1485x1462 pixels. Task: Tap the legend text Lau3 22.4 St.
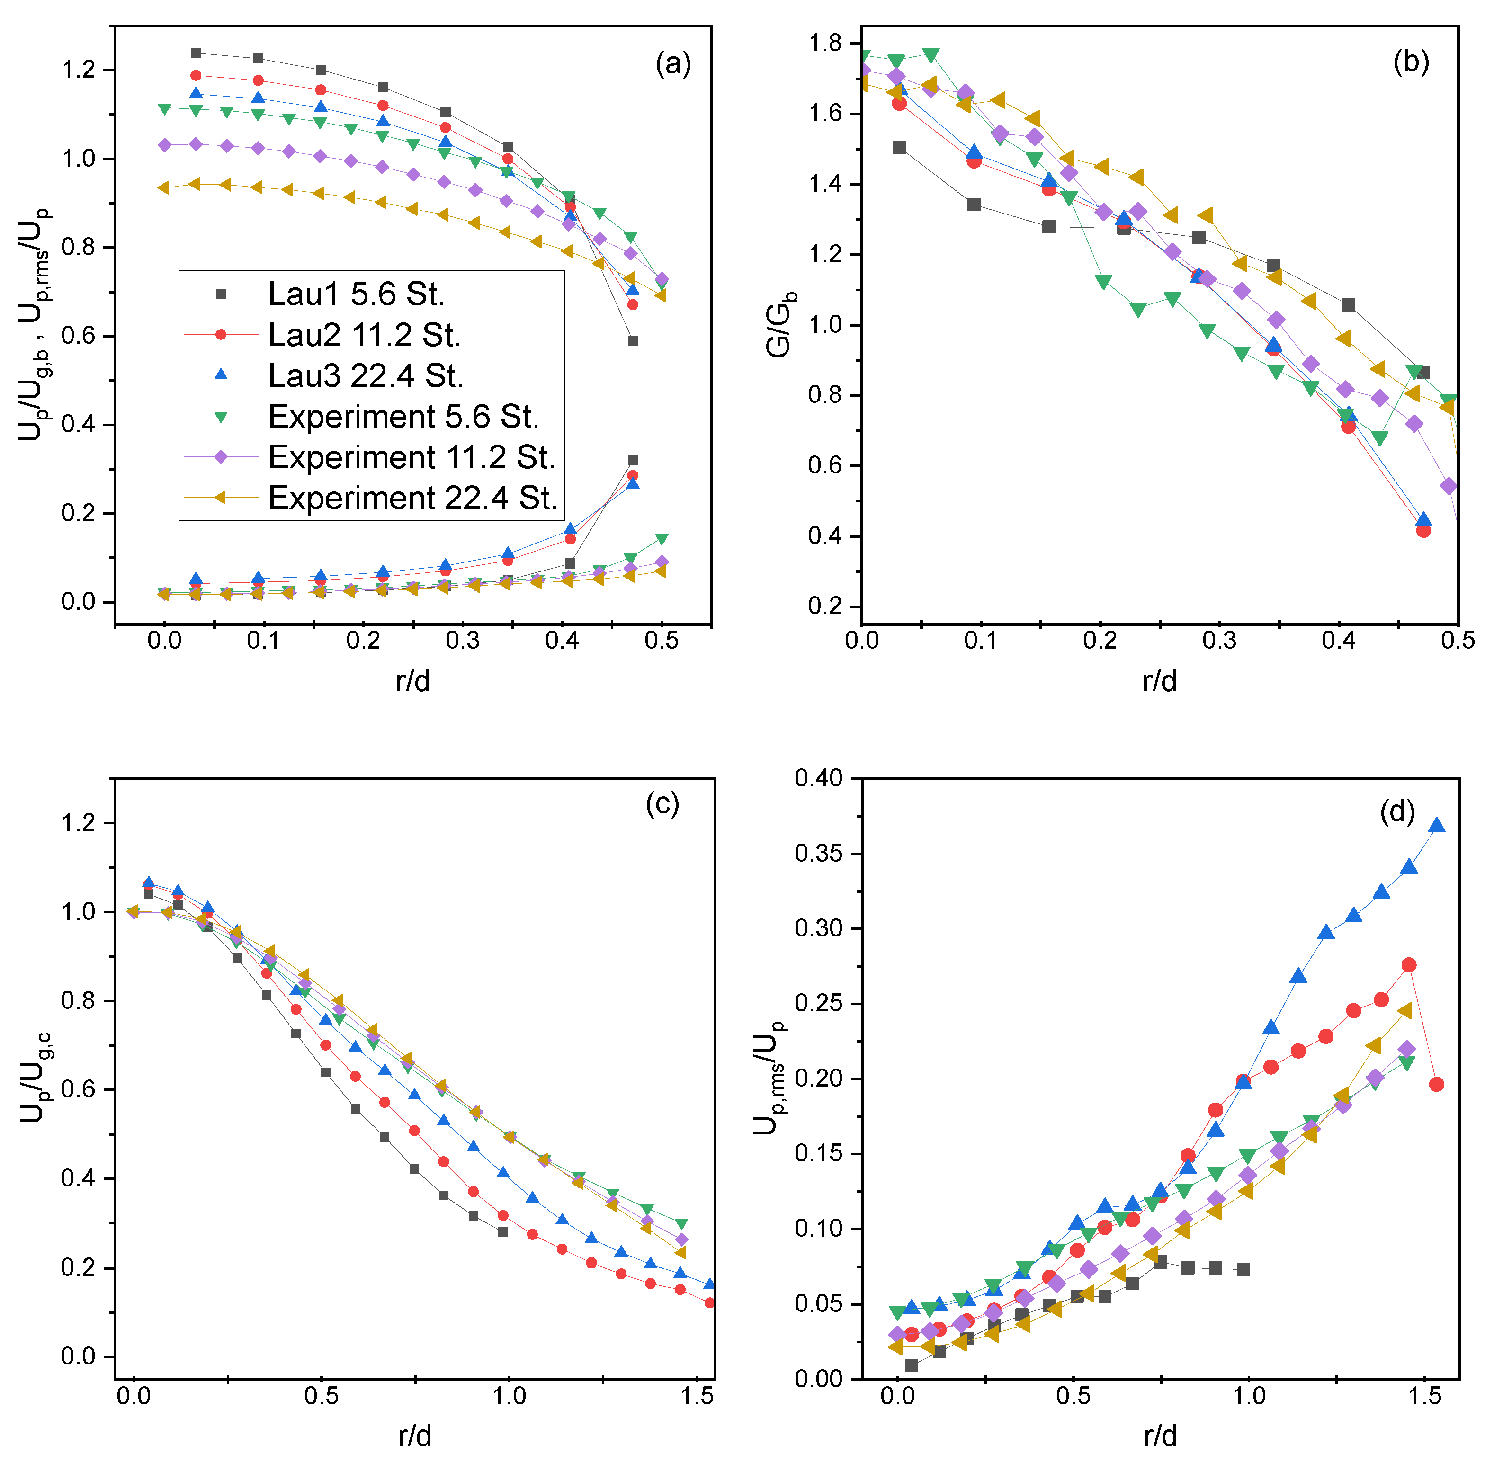[x=366, y=376]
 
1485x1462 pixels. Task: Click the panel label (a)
[x=672, y=64]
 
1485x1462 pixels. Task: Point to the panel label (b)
[x=1411, y=62]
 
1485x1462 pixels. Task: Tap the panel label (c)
[x=662, y=804]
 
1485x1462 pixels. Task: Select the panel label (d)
[x=1397, y=811]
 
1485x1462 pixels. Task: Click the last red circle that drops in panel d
[x=1436, y=1084]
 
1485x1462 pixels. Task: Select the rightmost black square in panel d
[x=1243, y=1269]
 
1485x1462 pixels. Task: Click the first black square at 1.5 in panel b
[x=899, y=147]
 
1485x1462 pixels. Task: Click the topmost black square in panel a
[x=196, y=53]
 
